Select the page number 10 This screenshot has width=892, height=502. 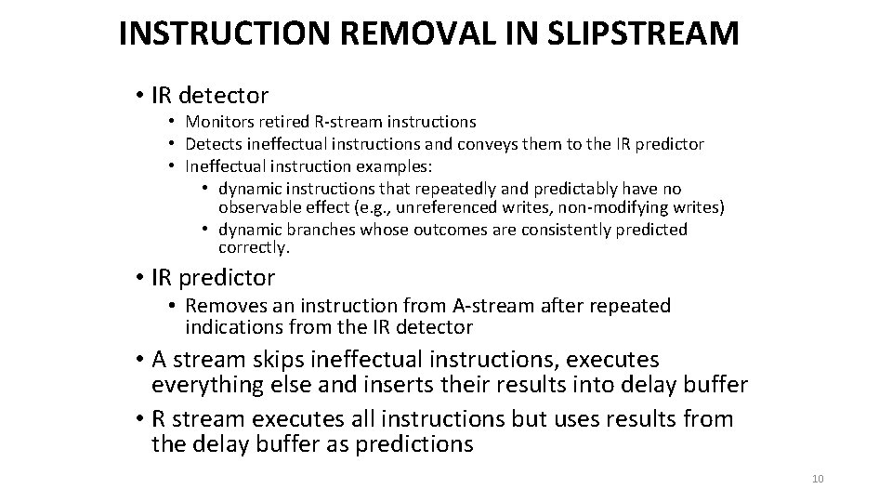(818, 479)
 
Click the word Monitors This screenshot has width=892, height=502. (219, 122)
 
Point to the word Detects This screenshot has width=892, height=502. (212, 144)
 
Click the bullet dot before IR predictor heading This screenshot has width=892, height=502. (137, 277)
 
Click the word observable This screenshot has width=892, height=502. (265, 206)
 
